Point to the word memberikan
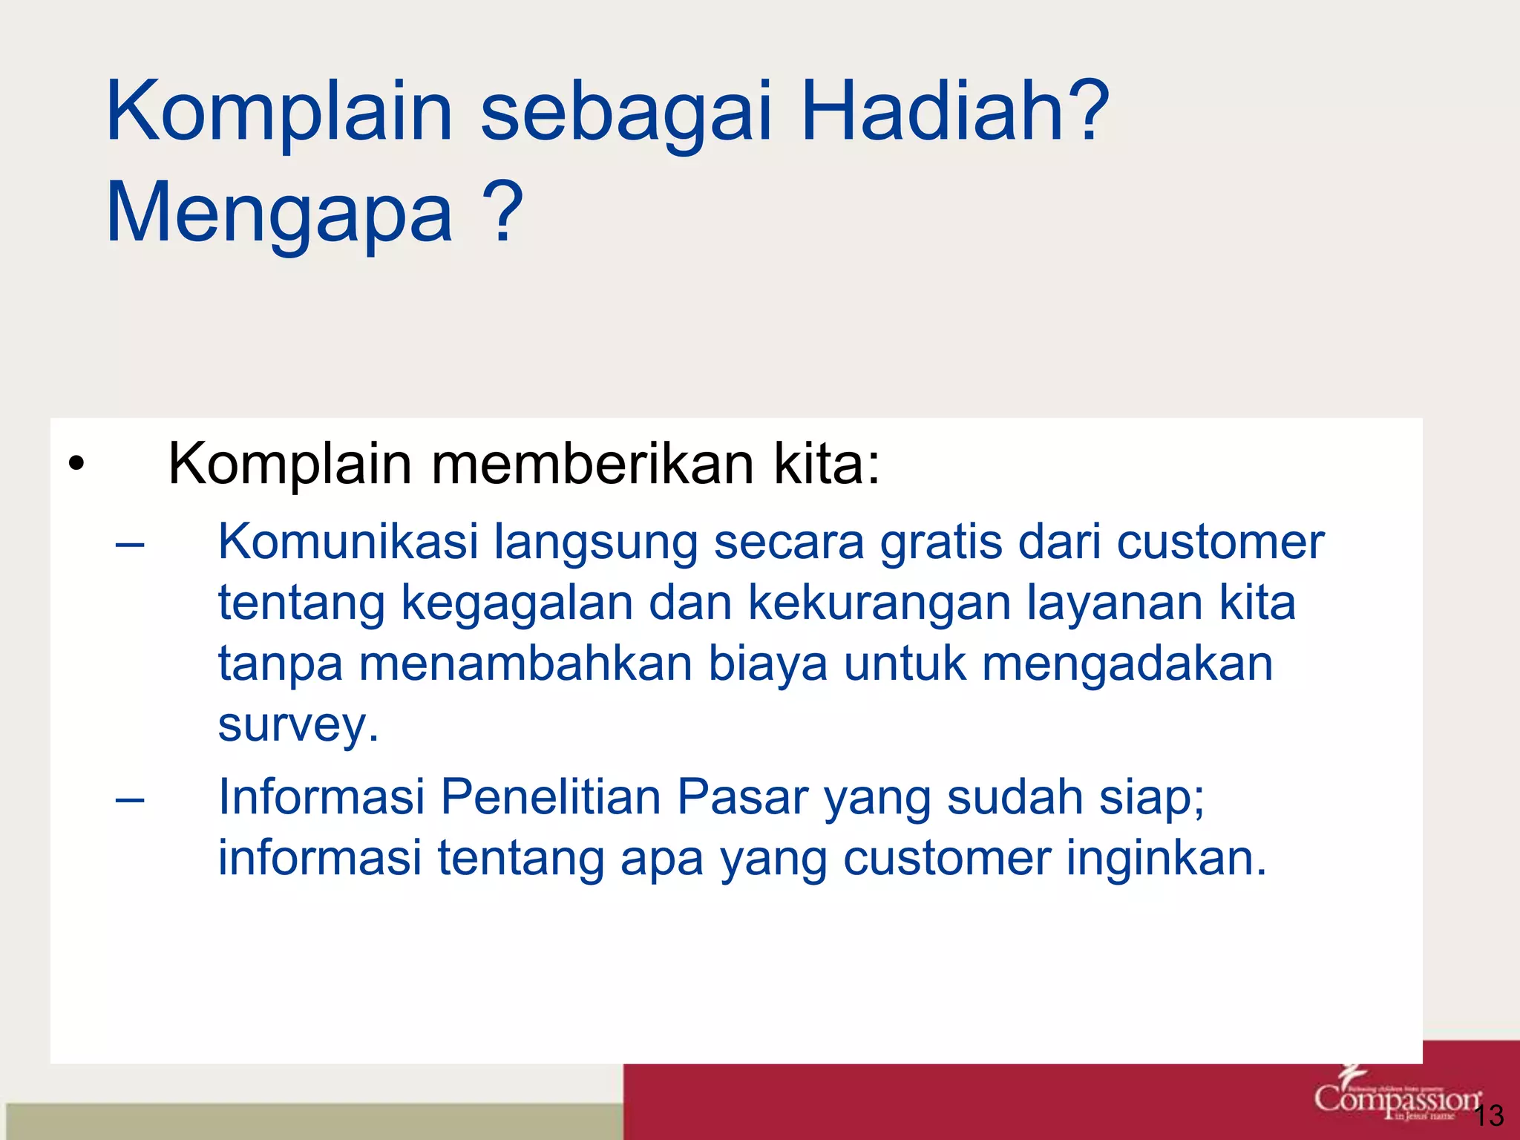(592, 465)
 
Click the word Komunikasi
(348, 541)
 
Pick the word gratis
(941, 543)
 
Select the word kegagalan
(517, 603)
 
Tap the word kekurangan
(879, 603)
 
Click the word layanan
(1114, 603)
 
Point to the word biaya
(767, 664)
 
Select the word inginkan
(1166, 858)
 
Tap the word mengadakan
(1127, 664)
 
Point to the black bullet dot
(76, 465)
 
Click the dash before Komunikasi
(130, 545)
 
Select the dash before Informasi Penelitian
(130, 800)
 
